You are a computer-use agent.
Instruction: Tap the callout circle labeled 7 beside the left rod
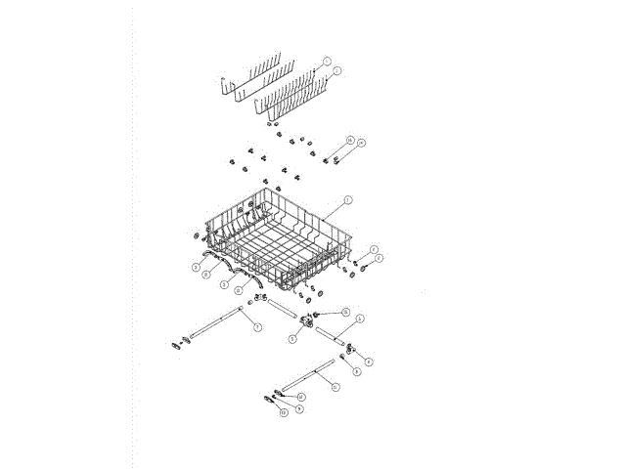[x=257, y=326]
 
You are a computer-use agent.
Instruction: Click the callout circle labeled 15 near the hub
[x=344, y=312]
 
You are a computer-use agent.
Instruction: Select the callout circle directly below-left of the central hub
[x=293, y=339]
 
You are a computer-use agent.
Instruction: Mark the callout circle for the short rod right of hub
[x=360, y=320]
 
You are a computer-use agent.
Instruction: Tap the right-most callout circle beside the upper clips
[x=361, y=144]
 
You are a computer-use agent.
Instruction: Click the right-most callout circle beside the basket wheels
[x=380, y=257]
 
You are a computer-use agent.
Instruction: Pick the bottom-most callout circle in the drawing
[x=284, y=413]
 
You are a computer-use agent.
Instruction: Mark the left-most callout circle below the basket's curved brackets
[x=195, y=265]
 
